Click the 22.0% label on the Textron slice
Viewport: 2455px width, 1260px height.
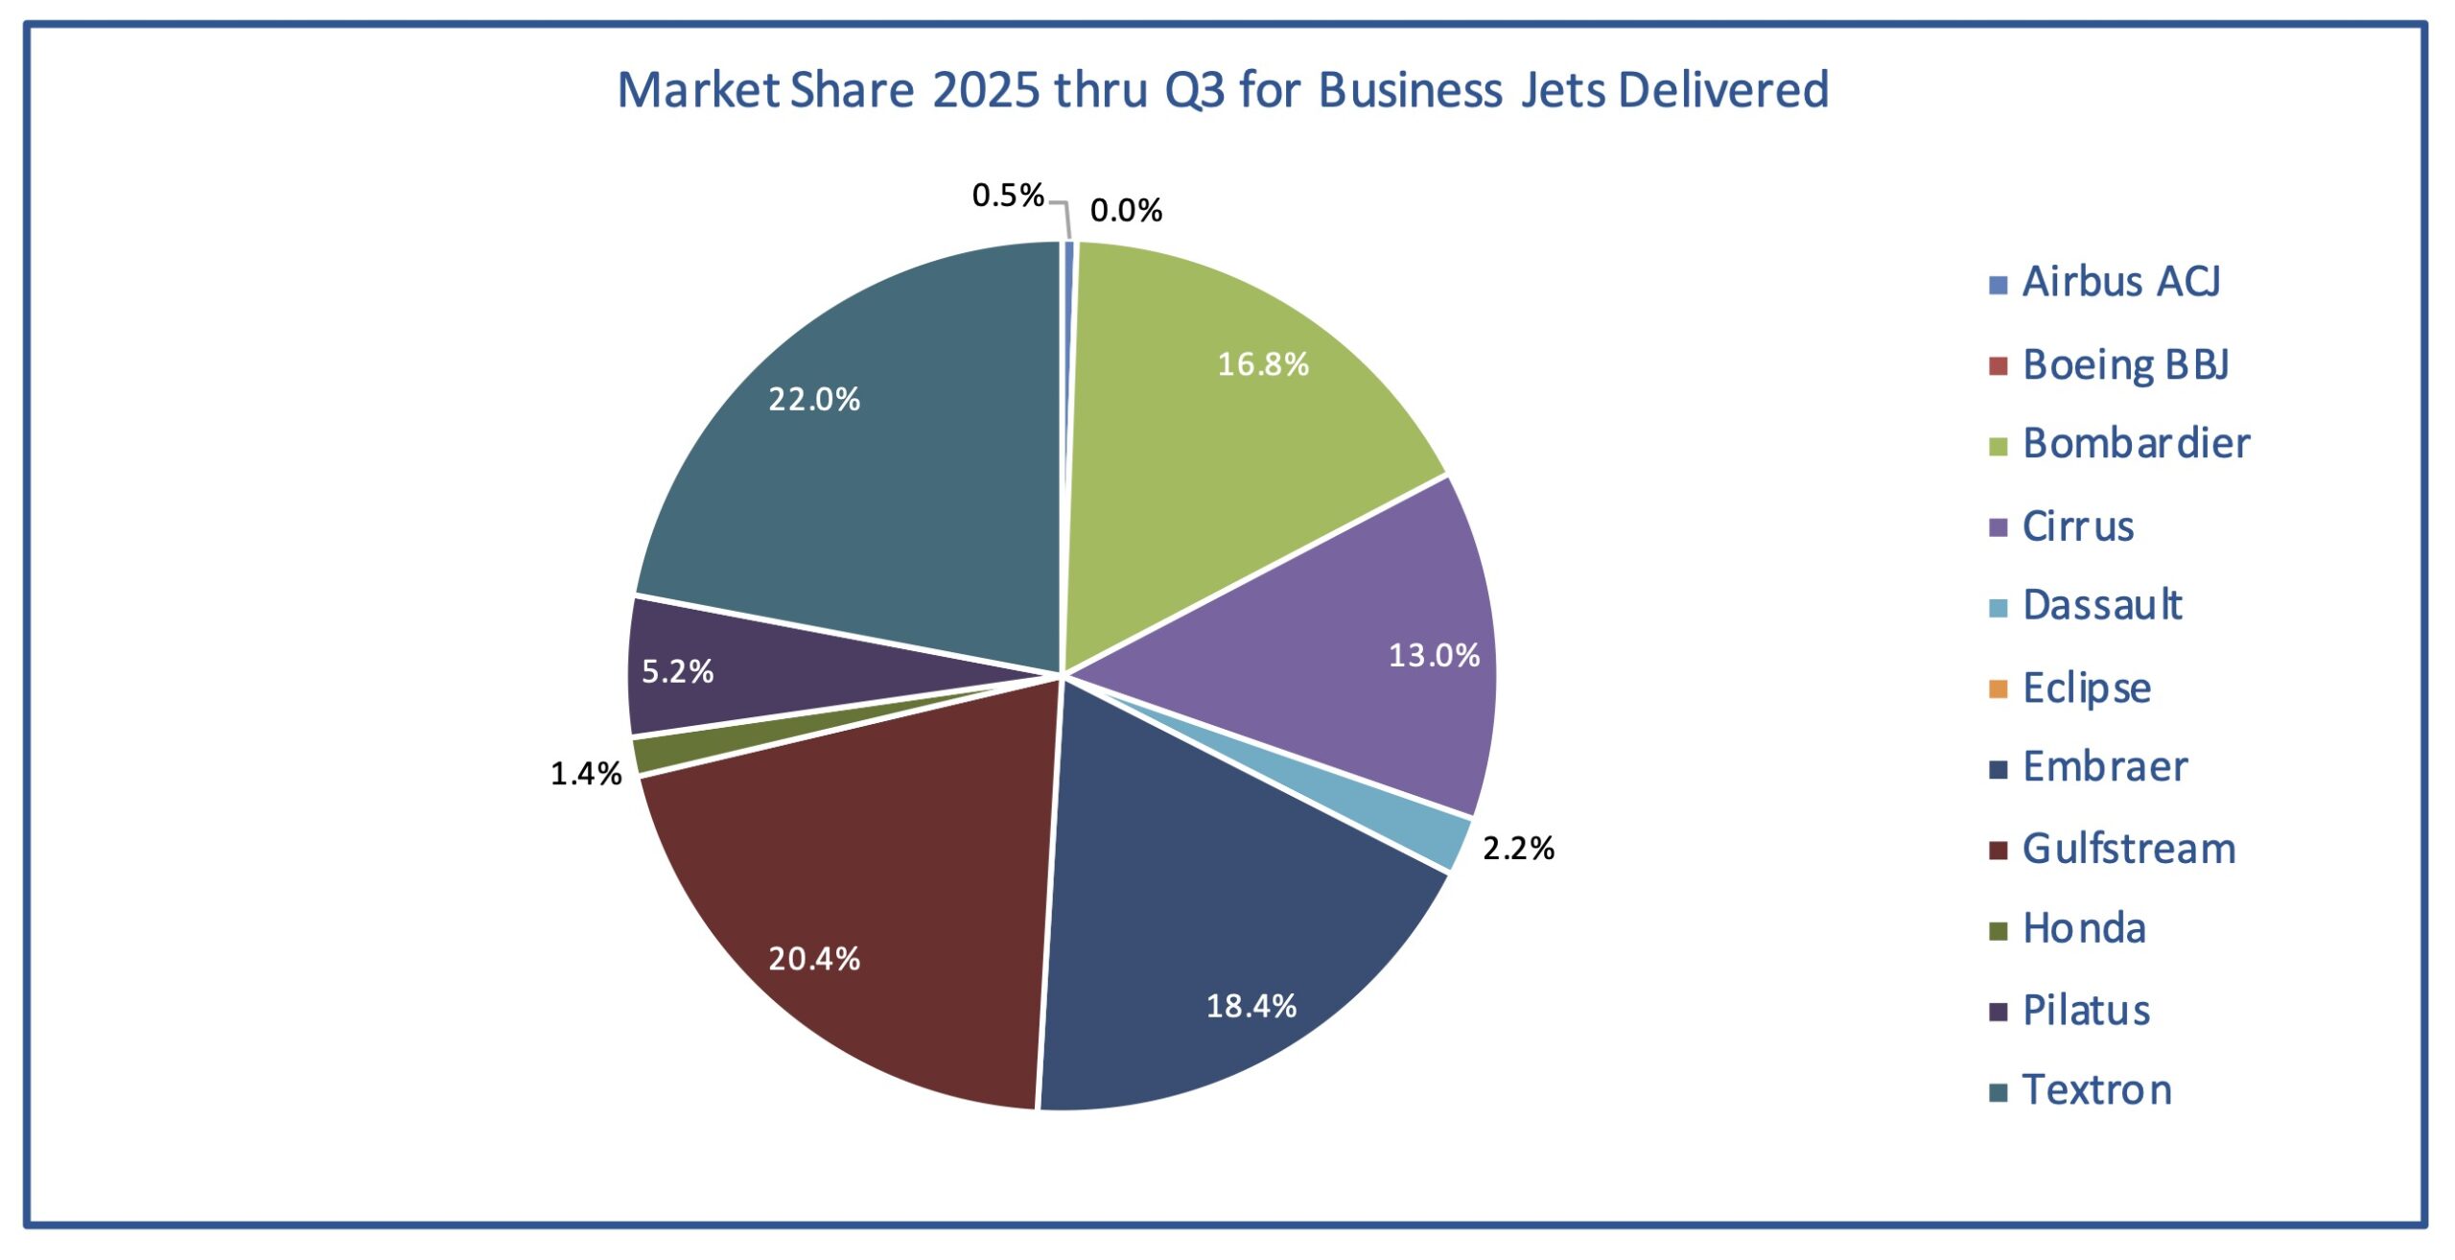pyautogui.click(x=814, y=399)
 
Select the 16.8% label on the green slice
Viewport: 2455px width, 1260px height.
pyautogui.click(x=1263, y=364)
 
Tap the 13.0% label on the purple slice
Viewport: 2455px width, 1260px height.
pyautogui.click(x=1434, y=656)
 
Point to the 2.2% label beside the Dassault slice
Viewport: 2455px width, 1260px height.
pyautogui.click(x=1518, y=849)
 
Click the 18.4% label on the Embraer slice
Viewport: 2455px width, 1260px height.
pyautogui.click(x=1251, y=1006)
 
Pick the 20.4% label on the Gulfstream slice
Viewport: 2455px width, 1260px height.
pyautogui.click(x=814, y=959)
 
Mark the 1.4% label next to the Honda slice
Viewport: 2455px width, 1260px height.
pyautogui.click(x=586, y=774)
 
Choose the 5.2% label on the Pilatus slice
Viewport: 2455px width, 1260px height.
pyautogui.click(x=677, y=672)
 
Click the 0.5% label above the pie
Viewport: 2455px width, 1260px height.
pyautogui.click(x=1007, y=196)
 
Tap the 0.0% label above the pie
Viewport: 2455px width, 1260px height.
pyautogui.click(x=1126, y=211)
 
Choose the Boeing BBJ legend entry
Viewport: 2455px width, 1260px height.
pyautogui.click(x=2125, y=365)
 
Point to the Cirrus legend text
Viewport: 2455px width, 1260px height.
pyautogui.click(x=2078, y=526)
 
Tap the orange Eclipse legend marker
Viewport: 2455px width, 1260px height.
pyautogui.click(x=1999, y=689)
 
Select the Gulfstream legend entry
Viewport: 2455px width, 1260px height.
pyautogui.click(x=2128, y=850)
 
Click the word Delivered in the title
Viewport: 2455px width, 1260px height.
pyautogui.click(x=1723, y=90)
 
